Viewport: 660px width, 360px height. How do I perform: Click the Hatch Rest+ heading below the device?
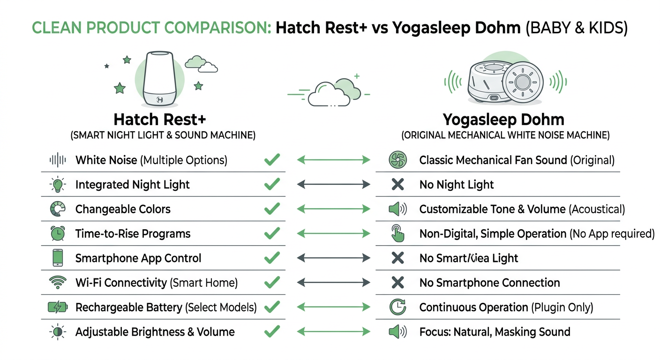click(x=159, y=119)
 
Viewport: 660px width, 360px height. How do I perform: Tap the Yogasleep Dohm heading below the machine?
click(x=503, y=120)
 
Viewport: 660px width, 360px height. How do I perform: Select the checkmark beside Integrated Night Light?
click(x=272, y=185)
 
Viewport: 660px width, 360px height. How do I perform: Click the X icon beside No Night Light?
click(x=397, y=185)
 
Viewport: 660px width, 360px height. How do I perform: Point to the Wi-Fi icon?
click(x=57, y=283)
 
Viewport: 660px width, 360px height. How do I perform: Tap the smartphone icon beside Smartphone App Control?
click(x=57, y=258)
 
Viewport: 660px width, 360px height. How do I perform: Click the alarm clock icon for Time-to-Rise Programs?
click(x=57, y=233)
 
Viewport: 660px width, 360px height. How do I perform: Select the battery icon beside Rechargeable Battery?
click(x=58, y=307)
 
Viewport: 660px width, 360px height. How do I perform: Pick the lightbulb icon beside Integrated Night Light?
click(x=57, y=185)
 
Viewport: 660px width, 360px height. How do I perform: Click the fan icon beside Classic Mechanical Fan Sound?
click(x=397, y=160)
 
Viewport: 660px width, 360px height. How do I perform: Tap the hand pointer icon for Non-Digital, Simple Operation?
click(x=397, y=233)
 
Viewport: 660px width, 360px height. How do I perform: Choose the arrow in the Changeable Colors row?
click(x=333, y=209)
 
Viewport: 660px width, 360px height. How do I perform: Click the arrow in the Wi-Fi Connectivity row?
click(x=333, y=283)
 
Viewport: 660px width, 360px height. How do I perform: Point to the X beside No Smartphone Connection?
click(x=397, y=283)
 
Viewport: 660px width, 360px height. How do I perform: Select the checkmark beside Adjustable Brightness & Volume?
click(x=272, y=332)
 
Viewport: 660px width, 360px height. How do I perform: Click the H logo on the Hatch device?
click(x=159, y=99)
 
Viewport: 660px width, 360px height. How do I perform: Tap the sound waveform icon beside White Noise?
click(x=57, y=160)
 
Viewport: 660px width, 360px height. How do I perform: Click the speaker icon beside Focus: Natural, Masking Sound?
click(x=397, y=332)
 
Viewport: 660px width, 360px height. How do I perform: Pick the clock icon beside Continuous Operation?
click(x=397, y=307)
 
